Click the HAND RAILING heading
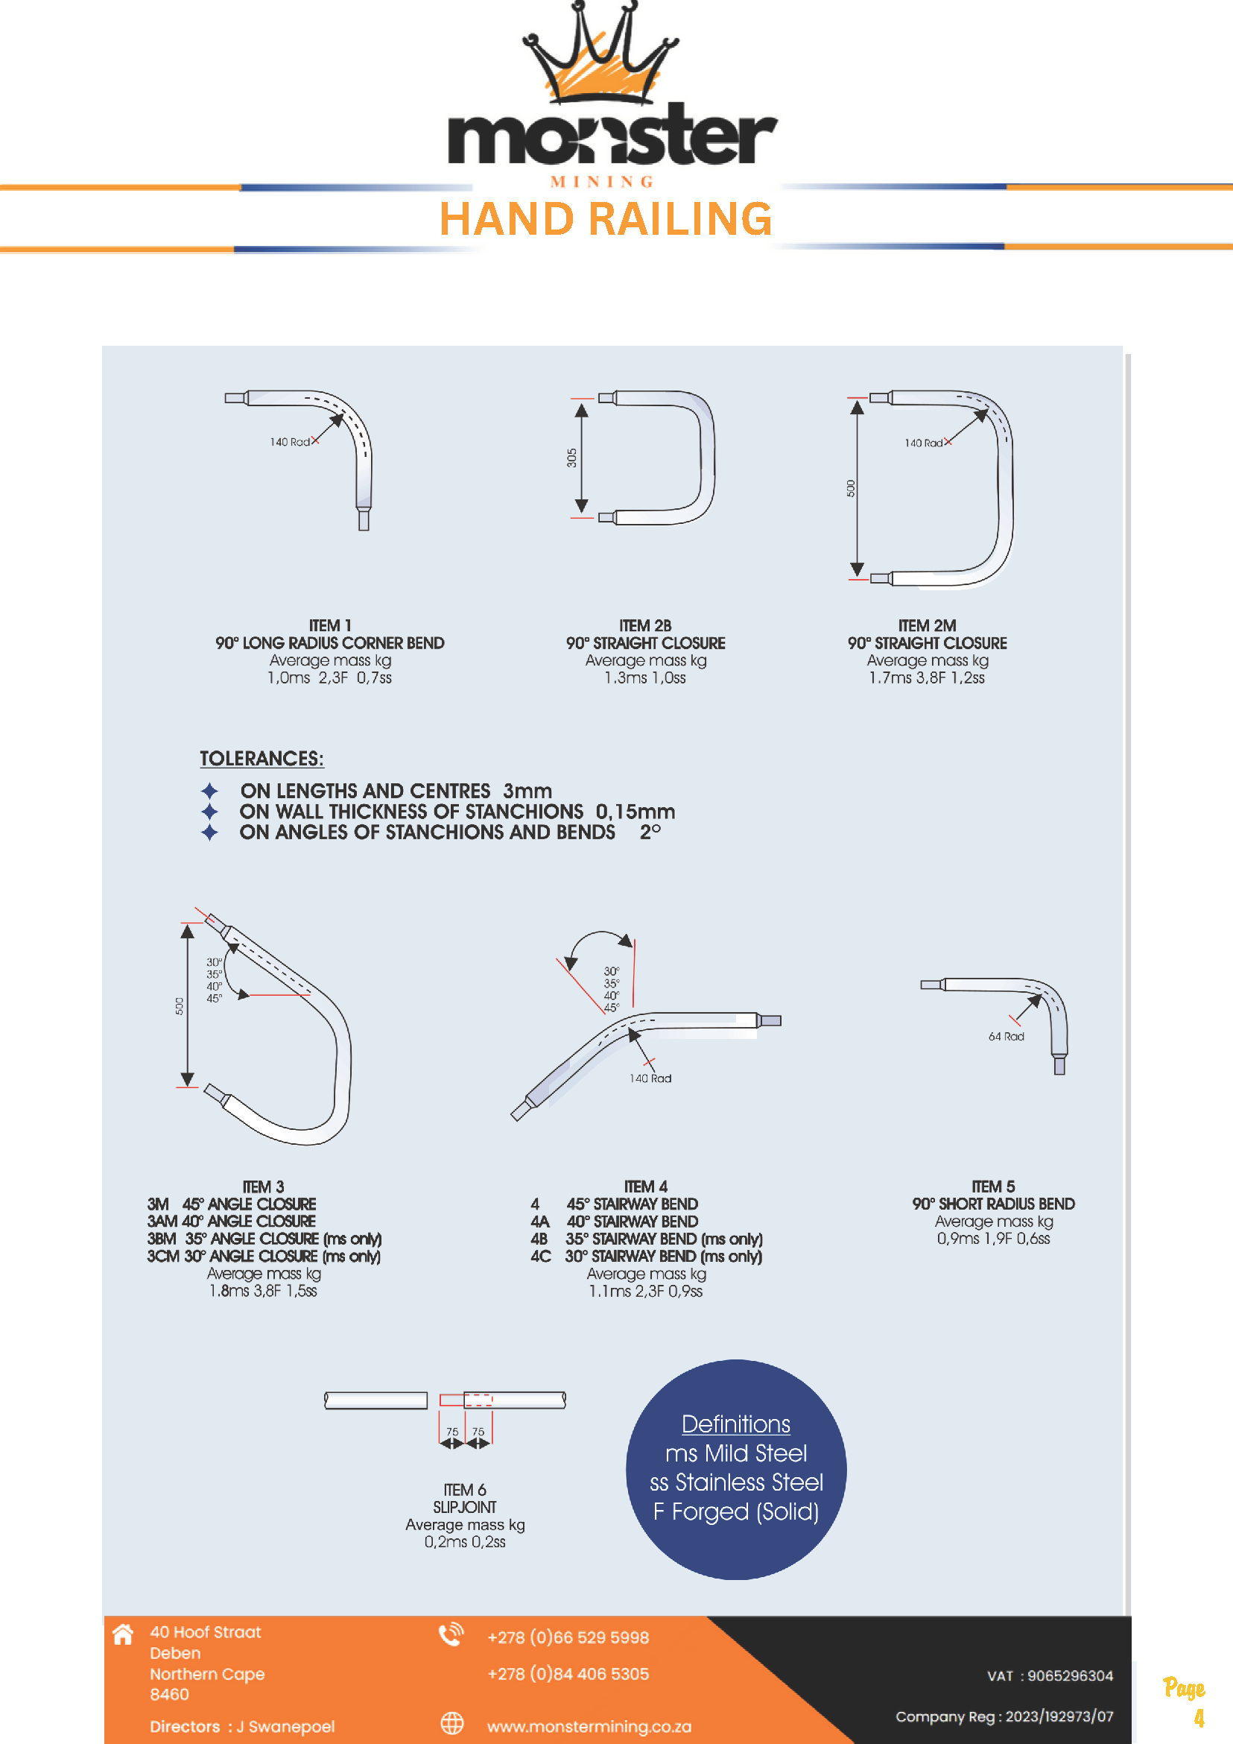pyautogui.click(x=606, y=220)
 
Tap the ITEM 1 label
pyautogui.click(x=329, y=626)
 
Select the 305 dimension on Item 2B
pyautogui.click(x=571, y=458)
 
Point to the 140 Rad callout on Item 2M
pyautogui.click(x=923, y=443)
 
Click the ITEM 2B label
pyautogui.click(x=644, y=626)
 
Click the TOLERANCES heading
pyautogui.click(x=262, y=759)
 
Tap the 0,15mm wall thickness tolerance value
pyautogui.click(x=635, y=812)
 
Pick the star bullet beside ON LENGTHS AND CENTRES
pyautogui.click(x=209, y=791)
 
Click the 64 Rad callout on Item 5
pyautogui.click(x=1006, y=1037)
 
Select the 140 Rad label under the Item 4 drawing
pyautogui.click(x=650, y=1078)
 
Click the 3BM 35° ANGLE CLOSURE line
pyautogui.click(x=264, y=1239)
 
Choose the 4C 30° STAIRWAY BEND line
pyautogui.click(x=646, y=1257)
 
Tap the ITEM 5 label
pyautogui.click(x=993, y=1187)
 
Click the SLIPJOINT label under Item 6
pyautogui.click(x=465, y=1507)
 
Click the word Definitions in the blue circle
pyautogui.click(x=735, y=1424)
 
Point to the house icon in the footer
pyautogui.click(x=123, y=1634)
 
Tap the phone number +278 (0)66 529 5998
pyautogui.click(x=568, y=1637)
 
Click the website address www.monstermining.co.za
pyautogui.click(x=589, y=1727)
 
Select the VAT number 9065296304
pyautogui.click(x=1070, y=1675)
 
